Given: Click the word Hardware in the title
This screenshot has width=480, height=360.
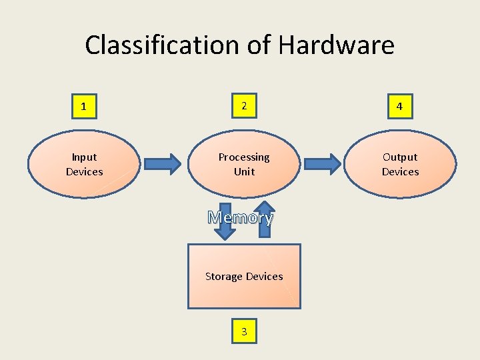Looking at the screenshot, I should pyautogui.click(x=336, y=45).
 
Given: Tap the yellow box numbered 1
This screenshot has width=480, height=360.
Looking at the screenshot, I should pyautogui.click(x=83, y=107).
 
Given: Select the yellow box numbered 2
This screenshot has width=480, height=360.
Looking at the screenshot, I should pyautogui.click(x=244, y=106).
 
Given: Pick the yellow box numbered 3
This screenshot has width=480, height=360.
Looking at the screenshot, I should pyautogui.click(x=244, y=331).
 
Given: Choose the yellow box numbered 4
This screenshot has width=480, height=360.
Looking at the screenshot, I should pyautogui.click(x=399, y=107).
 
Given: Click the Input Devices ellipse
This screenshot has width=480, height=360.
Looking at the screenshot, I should pyautogui.click(x=84, y=165).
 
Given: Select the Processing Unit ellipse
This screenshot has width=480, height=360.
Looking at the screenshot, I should pyautogui.click(x=244, y=165).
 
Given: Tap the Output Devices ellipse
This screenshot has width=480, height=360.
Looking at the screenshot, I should pyautogui.click(x=400, y=165).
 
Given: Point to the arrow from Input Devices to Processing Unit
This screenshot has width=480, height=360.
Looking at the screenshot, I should pyautogui.click(x=162, y=164).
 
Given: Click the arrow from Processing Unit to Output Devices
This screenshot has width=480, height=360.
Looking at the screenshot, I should pyautogui.click(x=323, y=164).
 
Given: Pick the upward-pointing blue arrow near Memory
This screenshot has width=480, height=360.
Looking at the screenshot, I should pyautogui.click(x=265, y=217).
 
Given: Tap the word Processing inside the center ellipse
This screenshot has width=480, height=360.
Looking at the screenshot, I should pyautogui.click(x=244, y=157).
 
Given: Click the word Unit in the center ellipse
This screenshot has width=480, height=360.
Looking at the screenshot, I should pyautogui.click(x=244, y=172).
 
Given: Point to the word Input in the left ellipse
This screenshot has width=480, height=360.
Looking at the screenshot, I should pyautogui.click(x=84, y=157).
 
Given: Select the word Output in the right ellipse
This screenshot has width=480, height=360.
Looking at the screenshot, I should pyautogui.click(x=400, y=157).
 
